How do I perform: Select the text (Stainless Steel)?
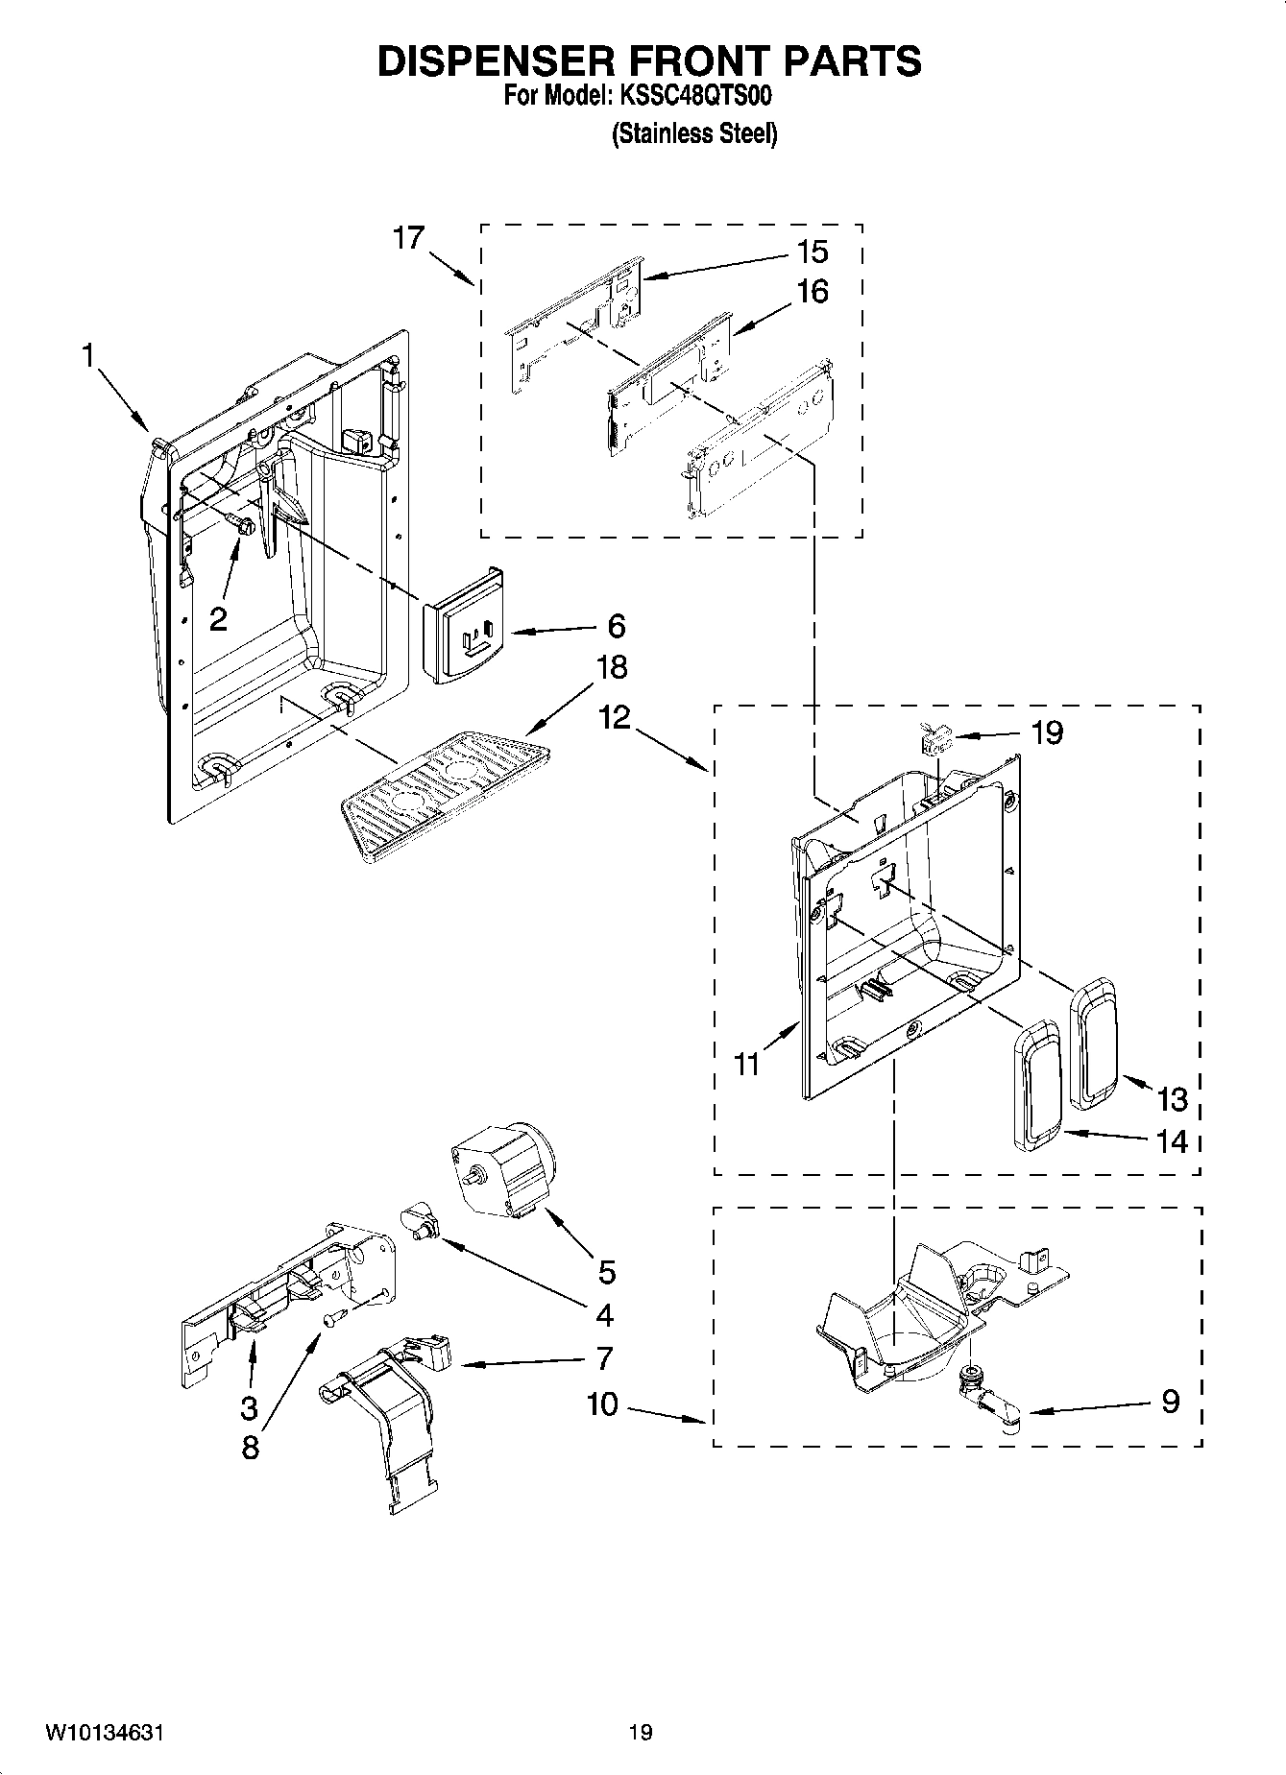694,134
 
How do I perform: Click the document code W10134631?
104,1732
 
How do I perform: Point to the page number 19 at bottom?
641,1732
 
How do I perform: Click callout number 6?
616,626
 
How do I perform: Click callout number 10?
602,1403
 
